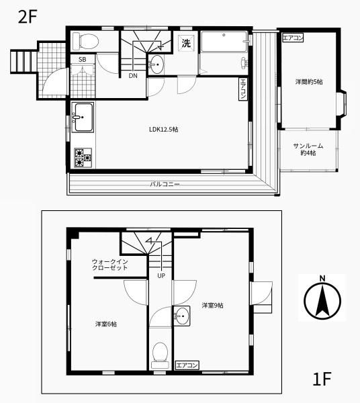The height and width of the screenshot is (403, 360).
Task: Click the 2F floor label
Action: tap(28, 17)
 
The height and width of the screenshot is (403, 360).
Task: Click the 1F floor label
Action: tap(322, 379)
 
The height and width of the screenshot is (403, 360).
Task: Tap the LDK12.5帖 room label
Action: tap(164, 129)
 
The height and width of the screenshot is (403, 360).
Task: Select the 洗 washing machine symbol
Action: tap(186, 43)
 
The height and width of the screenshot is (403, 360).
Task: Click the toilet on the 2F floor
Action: tap(85, 41)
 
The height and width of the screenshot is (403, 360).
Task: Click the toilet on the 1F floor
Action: tap(160, 355)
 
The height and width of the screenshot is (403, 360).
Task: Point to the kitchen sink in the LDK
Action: tap(83, 117)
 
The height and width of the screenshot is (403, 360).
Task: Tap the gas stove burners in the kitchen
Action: tap(83, 158)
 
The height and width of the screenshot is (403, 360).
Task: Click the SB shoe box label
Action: tap(82, 60)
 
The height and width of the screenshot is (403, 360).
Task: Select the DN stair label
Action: tap(133, 76)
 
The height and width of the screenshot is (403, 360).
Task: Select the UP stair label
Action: tap(161, 276)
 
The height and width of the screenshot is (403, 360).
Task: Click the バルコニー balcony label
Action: tap(165, 184)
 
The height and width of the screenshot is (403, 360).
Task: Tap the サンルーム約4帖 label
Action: tap(308, 149)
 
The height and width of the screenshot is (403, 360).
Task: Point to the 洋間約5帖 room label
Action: tap(308, 82)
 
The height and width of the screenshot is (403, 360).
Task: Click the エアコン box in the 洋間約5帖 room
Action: tap(293, 38)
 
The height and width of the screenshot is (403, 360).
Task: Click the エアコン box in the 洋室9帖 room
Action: tap(187, 365)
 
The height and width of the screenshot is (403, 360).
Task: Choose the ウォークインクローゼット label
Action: tap(109, 265)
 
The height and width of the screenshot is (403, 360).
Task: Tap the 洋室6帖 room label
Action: tap(106, 324)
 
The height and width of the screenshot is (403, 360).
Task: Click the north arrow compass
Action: tap(322, 298)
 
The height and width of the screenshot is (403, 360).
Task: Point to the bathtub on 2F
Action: tap(224, 42)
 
